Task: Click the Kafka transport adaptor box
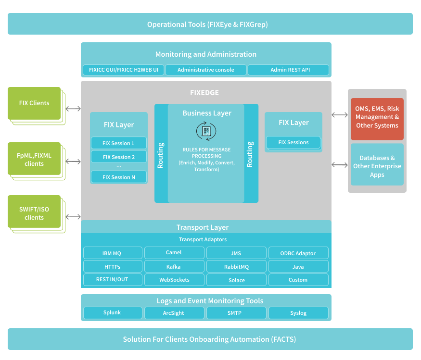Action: point(174,267)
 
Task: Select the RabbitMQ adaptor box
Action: point(236,267)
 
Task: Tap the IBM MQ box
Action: point(113,253)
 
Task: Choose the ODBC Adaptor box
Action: point(298,253)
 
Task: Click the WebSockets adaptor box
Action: point(174,280)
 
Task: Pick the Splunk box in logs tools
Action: point(113,313)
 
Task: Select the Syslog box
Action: point(298,313)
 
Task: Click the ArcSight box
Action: point(174,313)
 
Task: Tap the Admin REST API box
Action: point(289,70)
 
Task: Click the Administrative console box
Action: point(206,70)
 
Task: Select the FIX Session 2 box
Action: point(119,157)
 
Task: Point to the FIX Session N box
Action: point(119,177)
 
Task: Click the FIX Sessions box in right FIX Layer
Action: point(293,143)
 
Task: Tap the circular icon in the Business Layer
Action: point(206,131)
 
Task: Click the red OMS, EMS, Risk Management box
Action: point(377,117)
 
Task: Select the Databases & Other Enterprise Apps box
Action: point(377,166)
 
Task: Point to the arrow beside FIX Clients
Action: point(73,109)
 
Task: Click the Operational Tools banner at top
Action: point(210,24)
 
